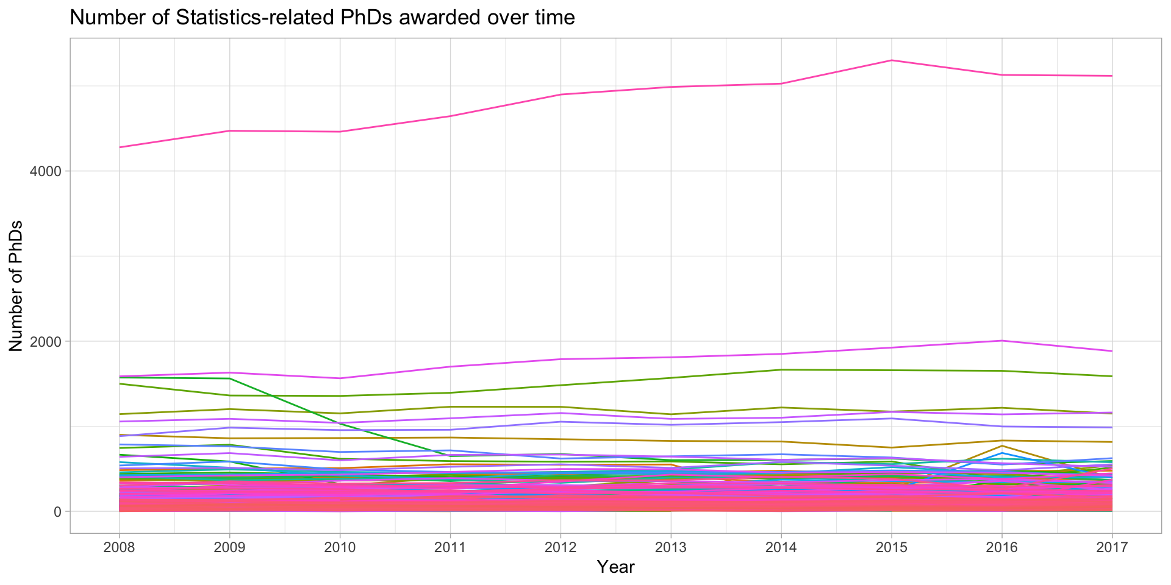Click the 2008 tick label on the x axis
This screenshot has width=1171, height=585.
tap(119, 548)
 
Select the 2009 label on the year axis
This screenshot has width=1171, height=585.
tap(229, 548)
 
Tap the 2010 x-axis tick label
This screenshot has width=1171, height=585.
tap(340, 548)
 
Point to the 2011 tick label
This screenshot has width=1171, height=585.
tap(450, 548)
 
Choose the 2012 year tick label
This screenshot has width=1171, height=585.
tap(560, 548)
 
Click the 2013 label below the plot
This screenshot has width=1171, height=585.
tap(671, 548)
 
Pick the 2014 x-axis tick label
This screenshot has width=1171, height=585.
tap(781, 548)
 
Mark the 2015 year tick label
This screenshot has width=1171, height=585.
tap(892, 548)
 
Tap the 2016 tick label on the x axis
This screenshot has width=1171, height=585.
tap(1002, 548)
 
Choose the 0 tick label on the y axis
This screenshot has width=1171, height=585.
tap(58, 511)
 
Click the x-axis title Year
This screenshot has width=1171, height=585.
tap(616, 567)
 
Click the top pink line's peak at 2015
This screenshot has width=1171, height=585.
tap(892, 60)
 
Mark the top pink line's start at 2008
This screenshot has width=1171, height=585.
tap(120, 147)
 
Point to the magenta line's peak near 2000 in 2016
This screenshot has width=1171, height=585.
tap(1002, 341)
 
